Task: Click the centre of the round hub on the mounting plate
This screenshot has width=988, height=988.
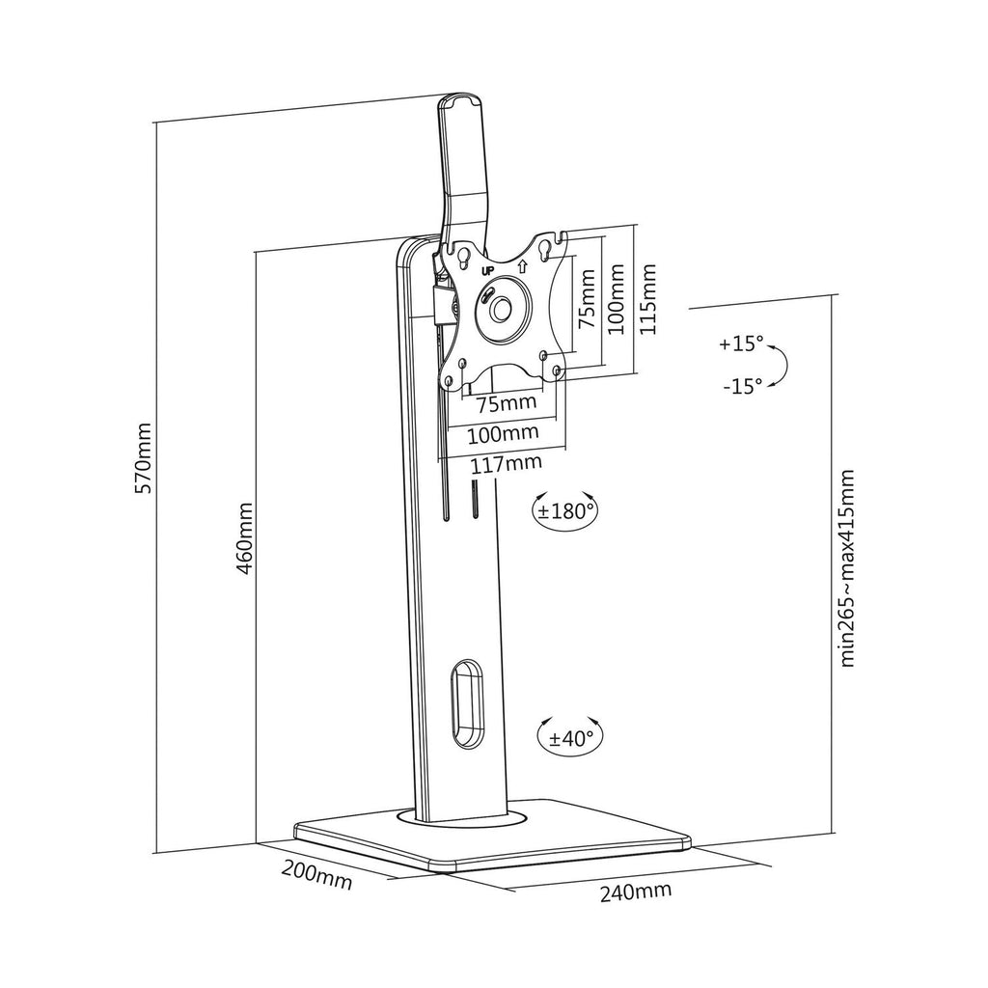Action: coord(502,309)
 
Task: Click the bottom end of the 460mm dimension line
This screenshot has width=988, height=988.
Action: coord(255,843)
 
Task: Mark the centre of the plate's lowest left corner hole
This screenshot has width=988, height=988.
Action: coord(448,381)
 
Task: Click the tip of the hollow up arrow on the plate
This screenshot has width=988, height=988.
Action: coord(522,261)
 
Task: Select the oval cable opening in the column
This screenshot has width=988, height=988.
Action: coord(468,704)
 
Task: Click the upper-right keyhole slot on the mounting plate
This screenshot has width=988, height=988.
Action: coord(545,250)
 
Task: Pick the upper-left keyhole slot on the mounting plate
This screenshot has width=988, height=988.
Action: coord(462,257)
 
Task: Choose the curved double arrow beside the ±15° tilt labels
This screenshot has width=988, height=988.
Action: coord(779,365)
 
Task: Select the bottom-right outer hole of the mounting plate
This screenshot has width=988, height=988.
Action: coord(557,371)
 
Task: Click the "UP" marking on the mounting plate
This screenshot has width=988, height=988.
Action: coord(487,271)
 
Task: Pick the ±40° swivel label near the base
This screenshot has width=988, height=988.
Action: coord(571,738)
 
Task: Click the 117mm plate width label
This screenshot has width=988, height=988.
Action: coord(507,464)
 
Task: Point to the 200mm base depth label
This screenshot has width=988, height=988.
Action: coord(316,874)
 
